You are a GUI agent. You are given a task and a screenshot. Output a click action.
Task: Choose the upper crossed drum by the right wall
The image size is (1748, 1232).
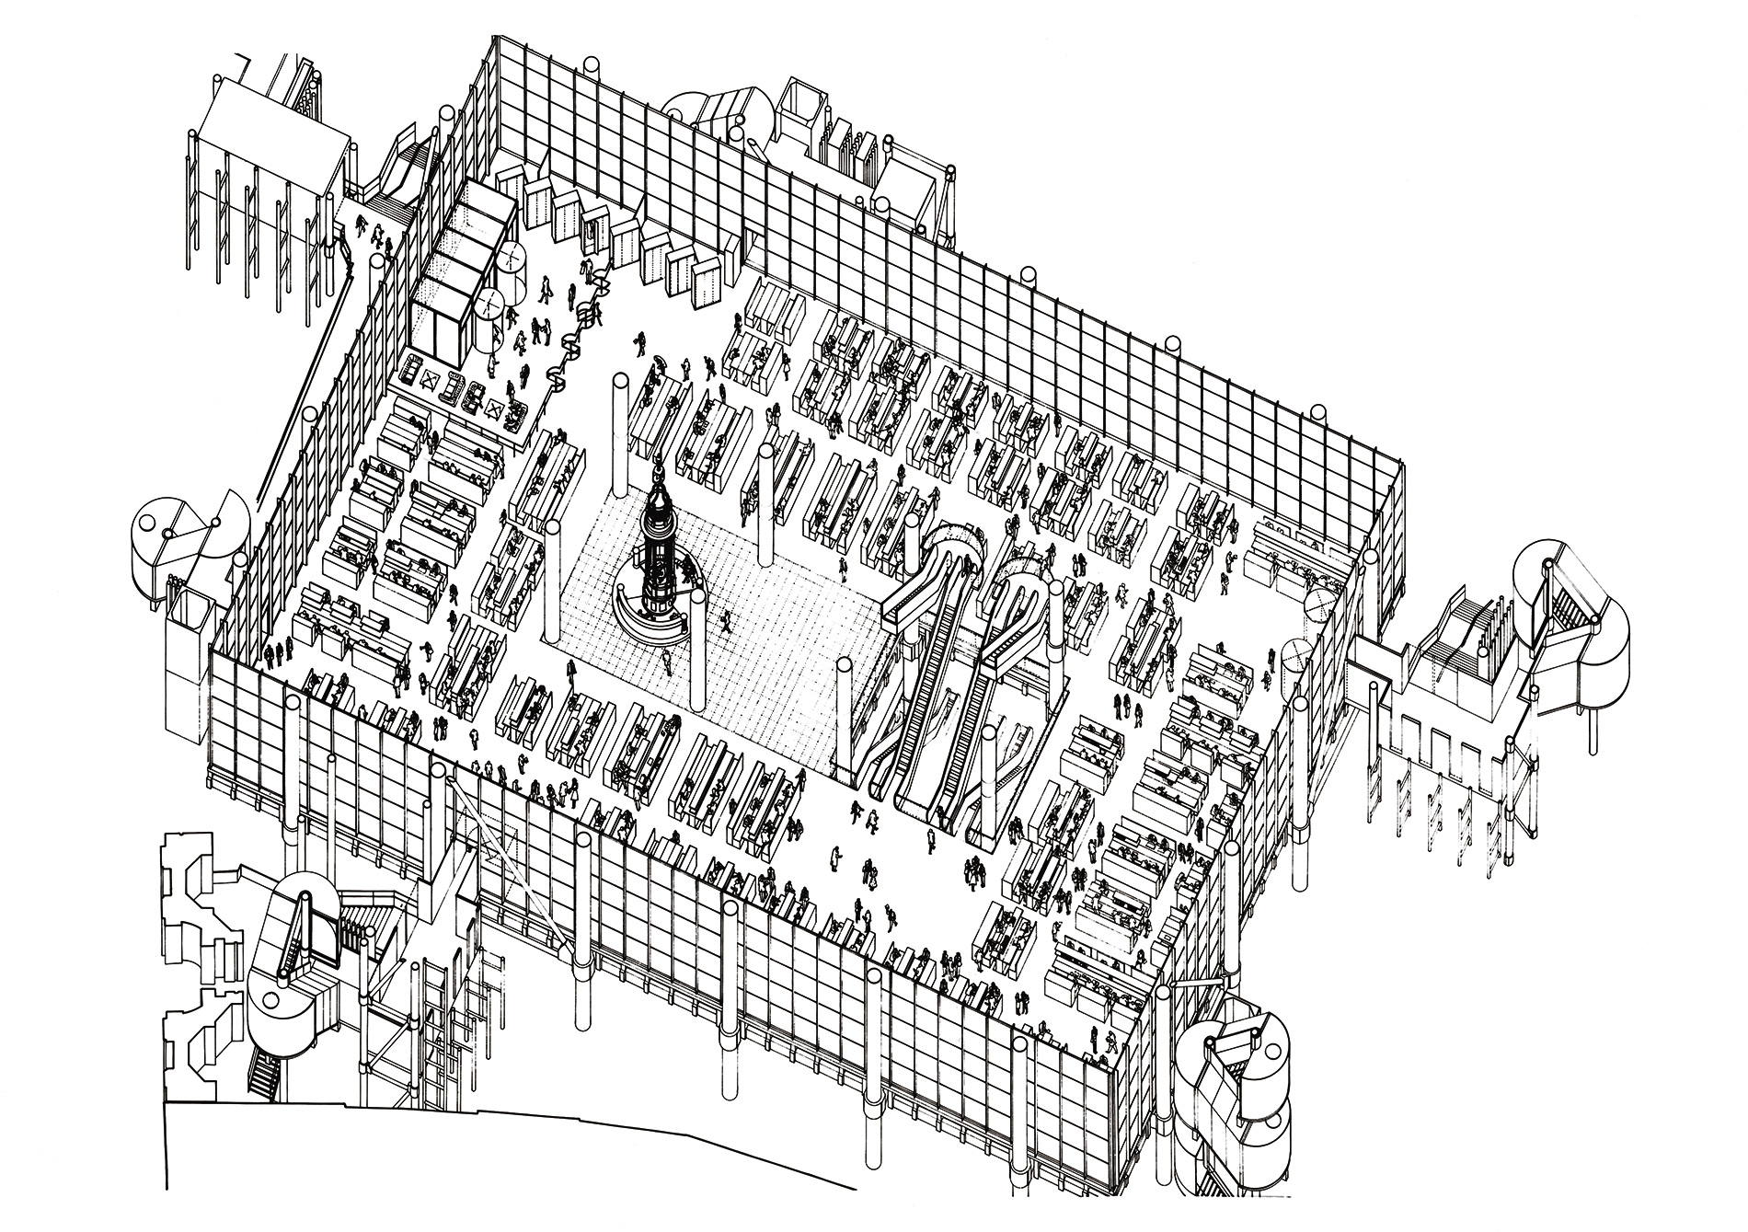(x=1318, y=604)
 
